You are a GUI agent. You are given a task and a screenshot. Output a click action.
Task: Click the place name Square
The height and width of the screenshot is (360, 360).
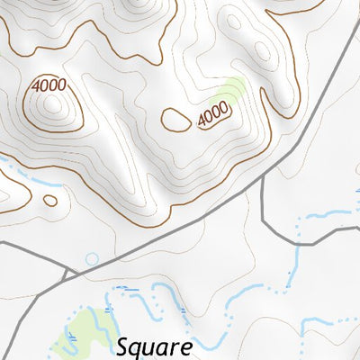155,346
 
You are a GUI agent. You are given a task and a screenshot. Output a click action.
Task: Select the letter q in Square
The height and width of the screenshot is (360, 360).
139,349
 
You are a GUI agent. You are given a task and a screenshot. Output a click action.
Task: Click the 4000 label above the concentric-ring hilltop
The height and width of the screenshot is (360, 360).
47,85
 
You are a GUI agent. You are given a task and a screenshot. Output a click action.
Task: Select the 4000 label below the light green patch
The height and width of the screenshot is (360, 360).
213,115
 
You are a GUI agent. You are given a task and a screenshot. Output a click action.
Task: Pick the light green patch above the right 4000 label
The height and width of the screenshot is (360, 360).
230,90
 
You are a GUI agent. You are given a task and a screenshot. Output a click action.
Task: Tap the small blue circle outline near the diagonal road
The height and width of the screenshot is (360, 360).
92,259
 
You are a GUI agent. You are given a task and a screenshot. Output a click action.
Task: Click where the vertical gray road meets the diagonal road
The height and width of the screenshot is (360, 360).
261,177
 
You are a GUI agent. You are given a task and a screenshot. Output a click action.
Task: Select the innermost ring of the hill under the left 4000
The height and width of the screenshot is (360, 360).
53,106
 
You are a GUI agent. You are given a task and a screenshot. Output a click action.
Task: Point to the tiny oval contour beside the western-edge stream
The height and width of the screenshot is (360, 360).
50,201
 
